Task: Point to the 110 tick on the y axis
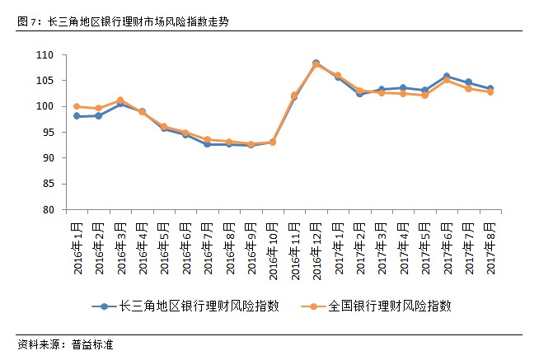[x=45, y=55]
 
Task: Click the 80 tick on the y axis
[x=49, y=209]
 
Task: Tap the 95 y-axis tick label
[x=49, y=132]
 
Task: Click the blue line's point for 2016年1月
[x=77, y=116]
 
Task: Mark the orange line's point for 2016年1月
[x=77, y=106]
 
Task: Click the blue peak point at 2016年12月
[x=316, y=63]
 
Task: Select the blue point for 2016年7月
[x=207, y=144]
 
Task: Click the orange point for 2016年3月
[x=120, y=100]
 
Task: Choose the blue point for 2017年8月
[x=490, y=88]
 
